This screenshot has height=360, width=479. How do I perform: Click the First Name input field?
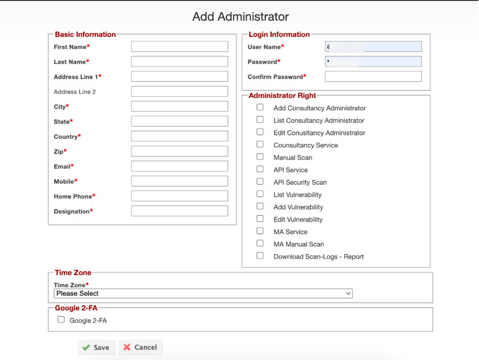[179, 47]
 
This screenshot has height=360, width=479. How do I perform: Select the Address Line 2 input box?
[179, 92]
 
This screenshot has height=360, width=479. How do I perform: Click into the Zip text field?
[179, 152]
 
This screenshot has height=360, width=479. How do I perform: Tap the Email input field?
[179, 166]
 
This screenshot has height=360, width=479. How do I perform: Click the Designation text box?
[179, 211]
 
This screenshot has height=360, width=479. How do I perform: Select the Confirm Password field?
[373, 77]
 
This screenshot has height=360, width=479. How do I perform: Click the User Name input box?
[373, 47]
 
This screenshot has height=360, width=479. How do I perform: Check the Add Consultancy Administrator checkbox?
[260, 108]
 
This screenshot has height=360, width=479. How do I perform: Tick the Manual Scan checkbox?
[260, 157]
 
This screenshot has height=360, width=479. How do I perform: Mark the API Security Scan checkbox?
[260, 181]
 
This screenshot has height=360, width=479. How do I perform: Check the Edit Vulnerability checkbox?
[260, 219]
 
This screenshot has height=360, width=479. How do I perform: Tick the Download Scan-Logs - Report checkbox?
[260, 256]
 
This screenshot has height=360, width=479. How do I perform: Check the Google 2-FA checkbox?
[61, 320]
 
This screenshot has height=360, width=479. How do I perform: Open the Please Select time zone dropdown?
[203, 293]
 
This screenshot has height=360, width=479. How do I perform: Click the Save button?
[96, 347]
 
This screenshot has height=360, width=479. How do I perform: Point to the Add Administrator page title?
[241, 17]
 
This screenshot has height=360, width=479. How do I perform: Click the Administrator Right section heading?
[282, 95]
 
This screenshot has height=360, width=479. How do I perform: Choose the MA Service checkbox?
[260, 231]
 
